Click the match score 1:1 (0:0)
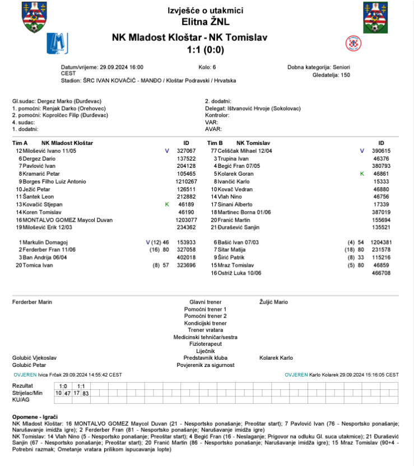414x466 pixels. [206, 50]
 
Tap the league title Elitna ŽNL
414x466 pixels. [206, 22]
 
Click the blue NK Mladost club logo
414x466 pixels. [57, 43]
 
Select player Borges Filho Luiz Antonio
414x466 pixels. [53, 181]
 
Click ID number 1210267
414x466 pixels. [186, 181]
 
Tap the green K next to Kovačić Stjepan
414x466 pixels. [166, 205]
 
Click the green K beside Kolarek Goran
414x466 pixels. [362, 174]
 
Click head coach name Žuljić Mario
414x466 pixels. [274, 302]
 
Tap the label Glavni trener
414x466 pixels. [206, 302]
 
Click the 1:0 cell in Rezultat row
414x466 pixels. [63, 386]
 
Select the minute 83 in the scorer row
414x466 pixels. [85, 393]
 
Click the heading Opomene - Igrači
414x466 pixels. [34, 417]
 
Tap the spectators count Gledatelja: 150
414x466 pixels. [331, 74]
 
